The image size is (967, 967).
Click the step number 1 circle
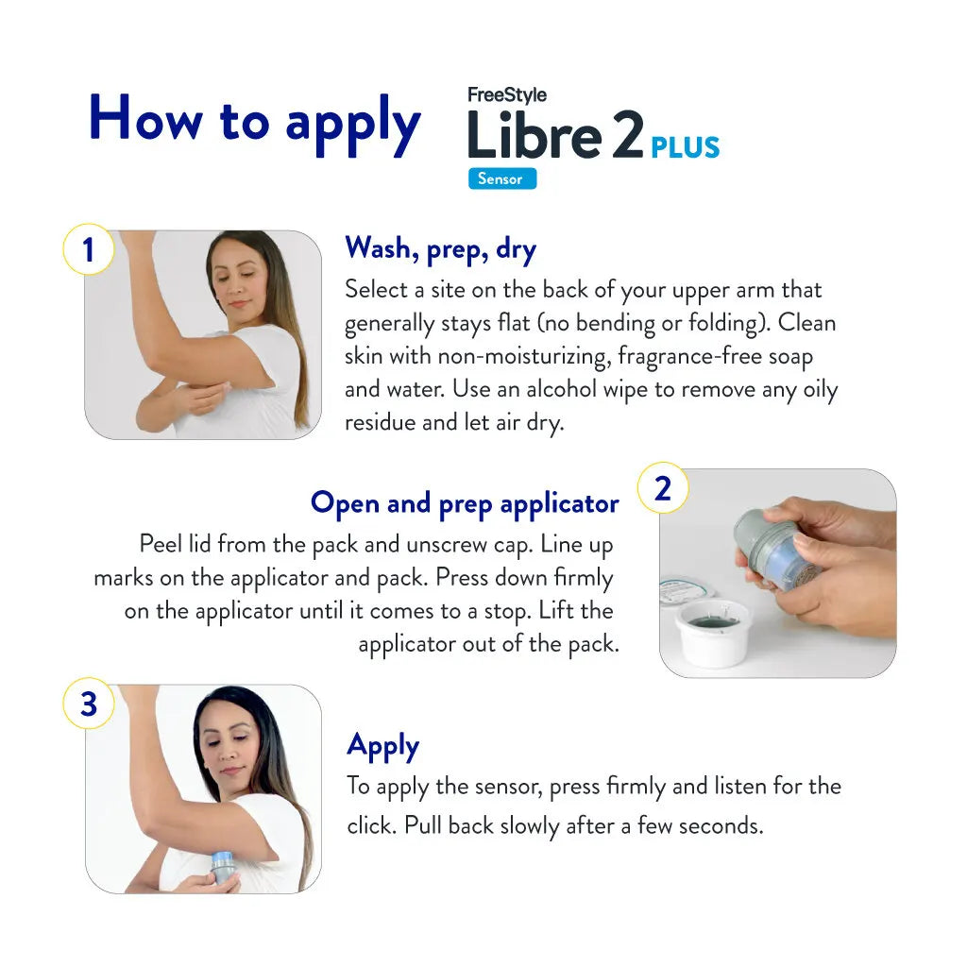click(x=88, y=250)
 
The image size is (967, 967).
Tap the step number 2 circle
click(x=663, y=489)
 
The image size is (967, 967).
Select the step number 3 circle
click(x=88, y=704)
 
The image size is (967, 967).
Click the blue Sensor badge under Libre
click(x=501, y=178)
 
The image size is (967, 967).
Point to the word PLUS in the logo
click(x=685, y=148)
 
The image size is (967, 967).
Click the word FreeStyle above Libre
click(x=507, y=95)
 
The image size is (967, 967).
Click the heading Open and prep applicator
click(x=465, y=503)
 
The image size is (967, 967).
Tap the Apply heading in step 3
click(x=382, y=745)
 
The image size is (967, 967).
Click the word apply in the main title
click(x=352, y=124)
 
